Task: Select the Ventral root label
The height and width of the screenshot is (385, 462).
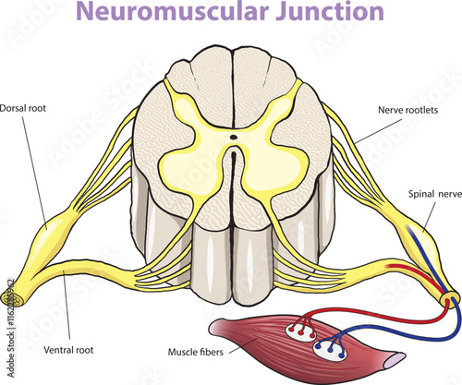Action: [69, 351]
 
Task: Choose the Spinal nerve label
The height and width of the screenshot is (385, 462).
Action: [434, 195]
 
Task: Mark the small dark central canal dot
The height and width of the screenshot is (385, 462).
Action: [233, 138]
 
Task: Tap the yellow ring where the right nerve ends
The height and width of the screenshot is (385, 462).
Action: [449, 300]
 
